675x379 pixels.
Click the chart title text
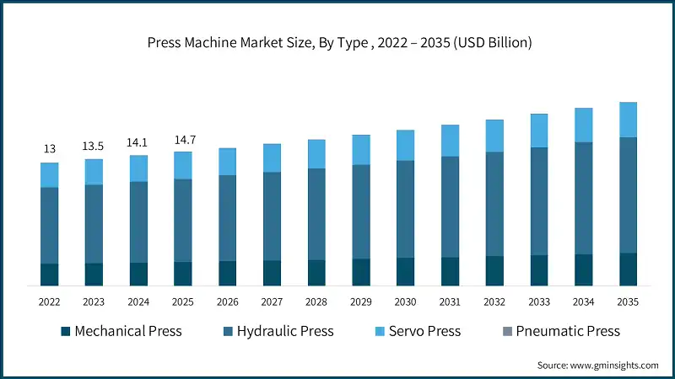click(337, 41)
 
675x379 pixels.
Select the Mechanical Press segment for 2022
click(50, 275)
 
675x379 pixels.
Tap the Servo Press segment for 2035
click(628, 120)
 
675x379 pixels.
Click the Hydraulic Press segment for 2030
click(405, 209)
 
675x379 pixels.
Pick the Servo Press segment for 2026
click(227, 162)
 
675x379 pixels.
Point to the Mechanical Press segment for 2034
click(583, 270)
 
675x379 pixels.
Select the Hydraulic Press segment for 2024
click(138, 222)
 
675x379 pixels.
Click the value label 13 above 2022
click(50, 149)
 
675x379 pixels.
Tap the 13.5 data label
click(94, 146)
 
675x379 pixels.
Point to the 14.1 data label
click(138, 142)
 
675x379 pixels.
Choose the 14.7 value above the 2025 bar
click(183, 139)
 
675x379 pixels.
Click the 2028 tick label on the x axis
click(316, 302)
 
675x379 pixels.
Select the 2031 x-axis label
click(450, 302)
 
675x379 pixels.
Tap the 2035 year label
click(628, 302)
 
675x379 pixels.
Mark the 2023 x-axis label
click(94, 302)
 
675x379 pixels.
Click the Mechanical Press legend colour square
click(64, 331)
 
